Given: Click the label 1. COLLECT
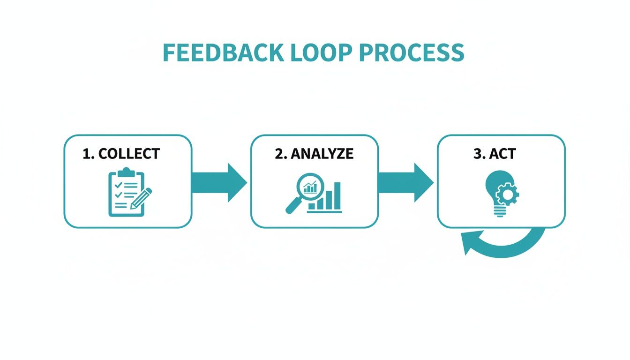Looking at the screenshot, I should (x=121, y=153).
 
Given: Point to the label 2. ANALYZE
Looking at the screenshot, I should (x=314, y=153).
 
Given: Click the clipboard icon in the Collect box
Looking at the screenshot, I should (x=125, y=194).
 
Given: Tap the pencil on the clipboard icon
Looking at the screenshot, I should (x=142, y=199).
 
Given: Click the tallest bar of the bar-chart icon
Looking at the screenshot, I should (x=337, y=195).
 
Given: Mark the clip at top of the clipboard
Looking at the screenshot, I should (x=124, y=171).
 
